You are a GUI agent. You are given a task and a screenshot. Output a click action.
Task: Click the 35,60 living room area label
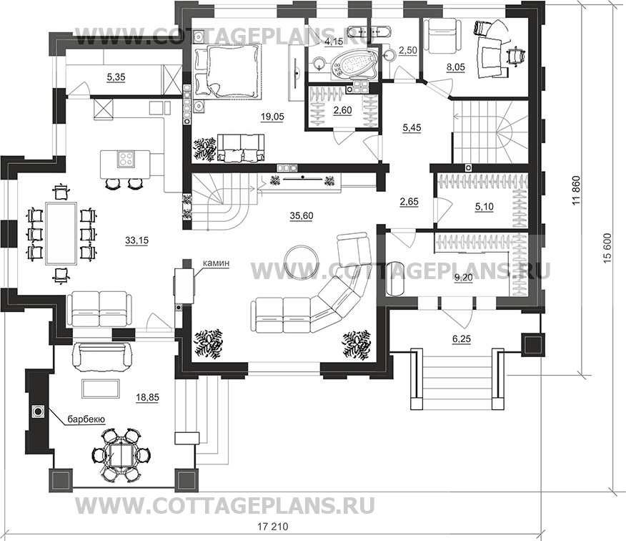click(301, 216)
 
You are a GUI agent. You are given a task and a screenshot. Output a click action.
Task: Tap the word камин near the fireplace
click(216, 263)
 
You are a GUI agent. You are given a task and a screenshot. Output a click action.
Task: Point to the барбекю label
click(86, 419)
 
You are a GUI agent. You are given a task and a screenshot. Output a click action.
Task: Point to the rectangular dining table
click(61, 233)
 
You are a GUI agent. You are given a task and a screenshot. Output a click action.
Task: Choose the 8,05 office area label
click(456, 67)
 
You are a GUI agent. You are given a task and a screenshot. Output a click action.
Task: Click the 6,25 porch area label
click(462, 339)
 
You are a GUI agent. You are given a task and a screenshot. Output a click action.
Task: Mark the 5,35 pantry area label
click(116, 77)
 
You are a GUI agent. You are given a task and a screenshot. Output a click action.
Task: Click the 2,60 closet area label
click(342, 111)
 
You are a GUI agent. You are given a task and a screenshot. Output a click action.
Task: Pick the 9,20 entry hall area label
click(463, 278)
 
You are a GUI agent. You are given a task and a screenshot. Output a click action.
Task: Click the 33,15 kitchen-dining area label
click(136, 240)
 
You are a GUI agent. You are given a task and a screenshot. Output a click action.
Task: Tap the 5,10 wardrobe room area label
click(484, 207)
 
